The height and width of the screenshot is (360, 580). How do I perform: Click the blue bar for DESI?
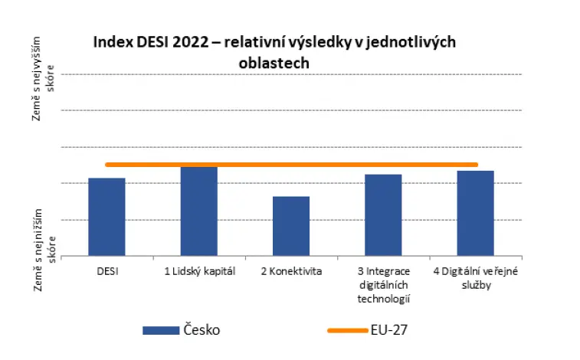(x=106, y=217)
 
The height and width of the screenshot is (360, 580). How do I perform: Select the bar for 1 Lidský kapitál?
(x=199, y=211)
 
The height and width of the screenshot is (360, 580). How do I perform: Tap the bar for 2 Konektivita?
(x=291, y=226)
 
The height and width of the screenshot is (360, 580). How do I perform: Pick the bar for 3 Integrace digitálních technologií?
(x=383, y=215)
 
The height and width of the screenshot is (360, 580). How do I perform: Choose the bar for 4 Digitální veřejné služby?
(x=475, y=213)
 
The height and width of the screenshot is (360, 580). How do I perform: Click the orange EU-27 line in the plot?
(x=291, y=165)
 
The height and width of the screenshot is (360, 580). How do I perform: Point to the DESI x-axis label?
(x=107, y=272)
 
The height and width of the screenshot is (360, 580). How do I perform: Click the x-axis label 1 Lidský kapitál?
(x=200, y=272)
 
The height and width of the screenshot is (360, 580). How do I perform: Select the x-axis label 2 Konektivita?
(x=291, y=272)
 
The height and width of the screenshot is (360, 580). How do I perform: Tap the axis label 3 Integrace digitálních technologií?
(x=384, y=286)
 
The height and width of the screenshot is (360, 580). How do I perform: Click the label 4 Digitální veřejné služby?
(x=476, y=278)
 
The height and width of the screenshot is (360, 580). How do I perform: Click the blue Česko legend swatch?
(x=161, y=330)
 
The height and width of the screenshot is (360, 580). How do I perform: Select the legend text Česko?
(x=202, y=329)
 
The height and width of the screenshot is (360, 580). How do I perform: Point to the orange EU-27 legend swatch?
(x=348, y=330)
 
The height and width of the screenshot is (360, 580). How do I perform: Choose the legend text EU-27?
(x=389, y=329)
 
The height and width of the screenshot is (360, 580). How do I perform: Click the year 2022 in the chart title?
(x=191, y=42)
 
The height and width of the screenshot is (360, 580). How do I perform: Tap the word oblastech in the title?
(x=274, y=64)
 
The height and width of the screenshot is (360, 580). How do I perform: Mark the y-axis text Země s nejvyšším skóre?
(x=43, y=78)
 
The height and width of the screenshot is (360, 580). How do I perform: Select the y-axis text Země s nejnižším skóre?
(x=44, y=250)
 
